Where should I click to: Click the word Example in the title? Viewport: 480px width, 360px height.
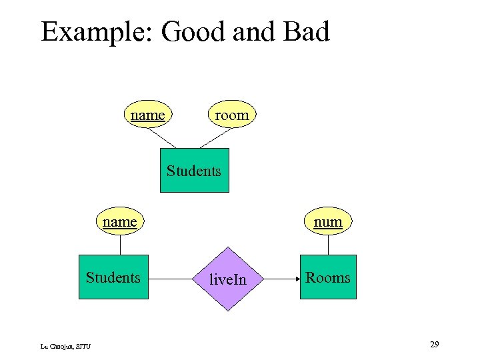(97, 32)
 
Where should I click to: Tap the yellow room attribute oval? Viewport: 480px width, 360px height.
(231, 115)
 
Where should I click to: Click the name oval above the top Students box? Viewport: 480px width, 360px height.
(148, 115)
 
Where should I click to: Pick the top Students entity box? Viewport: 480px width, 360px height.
(194, 170)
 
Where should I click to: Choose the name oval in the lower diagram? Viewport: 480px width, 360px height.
(120, 221)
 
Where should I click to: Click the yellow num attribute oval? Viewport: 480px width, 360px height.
(328, 221)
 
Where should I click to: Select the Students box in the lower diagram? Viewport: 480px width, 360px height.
(113, 277)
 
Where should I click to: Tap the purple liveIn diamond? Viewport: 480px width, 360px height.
(228, 279)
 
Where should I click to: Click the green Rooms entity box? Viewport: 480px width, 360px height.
(328, 277)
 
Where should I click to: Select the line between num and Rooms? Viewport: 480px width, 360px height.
(328, 244)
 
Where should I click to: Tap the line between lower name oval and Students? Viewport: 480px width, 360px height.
(120, 244)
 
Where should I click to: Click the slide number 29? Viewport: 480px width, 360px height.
(434, 344)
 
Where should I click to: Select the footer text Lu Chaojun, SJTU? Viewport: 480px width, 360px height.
(65, 345)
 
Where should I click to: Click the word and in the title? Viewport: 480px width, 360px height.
(250, 32)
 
